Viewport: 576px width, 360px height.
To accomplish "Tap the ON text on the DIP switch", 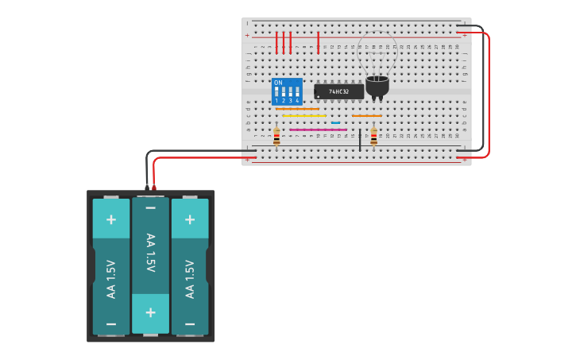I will point(278,83).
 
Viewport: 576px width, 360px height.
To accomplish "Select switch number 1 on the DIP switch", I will point(276,93).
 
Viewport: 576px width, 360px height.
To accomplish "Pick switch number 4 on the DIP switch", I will point(297,93).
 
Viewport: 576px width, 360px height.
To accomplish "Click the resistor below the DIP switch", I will point(276,137).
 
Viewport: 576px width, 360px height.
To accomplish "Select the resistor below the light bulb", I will point(373,137).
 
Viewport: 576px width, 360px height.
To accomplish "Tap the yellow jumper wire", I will point(304,116).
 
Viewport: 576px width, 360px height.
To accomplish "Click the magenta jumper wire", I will point(318,130).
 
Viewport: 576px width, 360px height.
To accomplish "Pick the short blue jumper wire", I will point(335,123).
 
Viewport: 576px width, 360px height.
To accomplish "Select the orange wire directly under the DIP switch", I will point(297,109).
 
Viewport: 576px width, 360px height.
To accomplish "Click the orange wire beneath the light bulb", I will point(366,116).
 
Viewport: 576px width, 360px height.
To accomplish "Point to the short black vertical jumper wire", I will point(359,139).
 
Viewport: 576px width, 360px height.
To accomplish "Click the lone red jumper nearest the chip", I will point(318,43).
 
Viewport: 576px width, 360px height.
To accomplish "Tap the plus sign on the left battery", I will point(110,220).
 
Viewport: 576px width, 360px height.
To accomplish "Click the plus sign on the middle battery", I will point(150,313).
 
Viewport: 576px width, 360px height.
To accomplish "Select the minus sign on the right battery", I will point(189,324).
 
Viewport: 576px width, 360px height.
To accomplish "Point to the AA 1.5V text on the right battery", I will point(189,279).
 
